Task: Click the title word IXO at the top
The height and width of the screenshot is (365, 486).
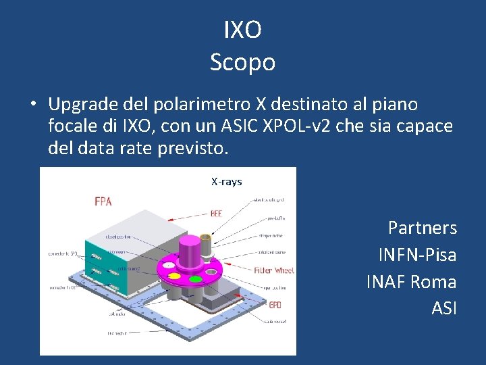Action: (x=242, y=30)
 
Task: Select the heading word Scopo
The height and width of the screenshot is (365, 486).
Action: (x=242, y=62)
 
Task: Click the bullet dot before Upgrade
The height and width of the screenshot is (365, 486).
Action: (x=32, y=105)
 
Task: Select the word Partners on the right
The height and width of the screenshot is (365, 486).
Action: (x=422, y=228)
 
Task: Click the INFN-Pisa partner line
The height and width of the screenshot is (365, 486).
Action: (x=417, y=255)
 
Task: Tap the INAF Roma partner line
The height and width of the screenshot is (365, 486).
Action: (x=411, y=282)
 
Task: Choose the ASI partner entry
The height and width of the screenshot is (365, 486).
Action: (x=443, y=309)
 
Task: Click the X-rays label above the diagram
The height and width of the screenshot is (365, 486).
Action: (x=226, y=182)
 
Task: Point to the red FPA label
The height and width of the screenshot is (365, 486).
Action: (x=103, y=201)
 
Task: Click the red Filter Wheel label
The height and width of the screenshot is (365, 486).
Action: (x=273, y=270)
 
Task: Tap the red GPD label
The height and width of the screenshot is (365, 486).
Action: (x=275, y=305)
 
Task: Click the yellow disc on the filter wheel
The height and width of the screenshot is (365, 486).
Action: (x=174, y=276)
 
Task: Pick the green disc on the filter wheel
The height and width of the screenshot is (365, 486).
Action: (x=196, y=278)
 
